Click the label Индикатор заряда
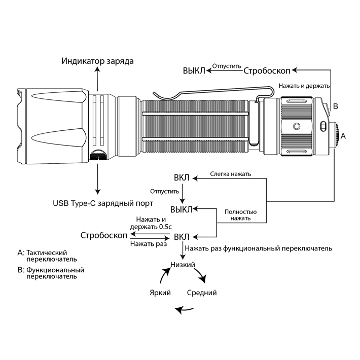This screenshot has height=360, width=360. tap(98, 61)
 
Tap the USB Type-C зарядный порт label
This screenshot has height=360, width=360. tap(103, 203)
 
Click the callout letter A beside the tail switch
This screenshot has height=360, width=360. tap(343, 136)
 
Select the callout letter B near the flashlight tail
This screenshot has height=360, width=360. tap(335, 106)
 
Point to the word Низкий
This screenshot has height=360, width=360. tap(184, 264)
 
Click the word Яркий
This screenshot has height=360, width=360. tap(160, 293)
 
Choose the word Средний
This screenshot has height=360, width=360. tap(202, 293)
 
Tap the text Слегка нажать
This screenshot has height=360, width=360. tap(231, 174)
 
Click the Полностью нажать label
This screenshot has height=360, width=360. tap(240, 215)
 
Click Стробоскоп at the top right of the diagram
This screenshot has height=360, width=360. tap(267, 70)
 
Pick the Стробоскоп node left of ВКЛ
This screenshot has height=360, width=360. tap(104, 236)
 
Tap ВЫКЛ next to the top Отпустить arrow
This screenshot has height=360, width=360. tap(194, 70)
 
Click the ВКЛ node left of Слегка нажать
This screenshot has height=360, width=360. tap(182, 178)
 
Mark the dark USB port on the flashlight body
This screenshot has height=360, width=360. tap(98, 155)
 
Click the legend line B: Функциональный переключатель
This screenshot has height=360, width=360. tap(50, 273)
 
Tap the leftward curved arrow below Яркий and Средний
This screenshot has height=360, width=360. tap(183, 309)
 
